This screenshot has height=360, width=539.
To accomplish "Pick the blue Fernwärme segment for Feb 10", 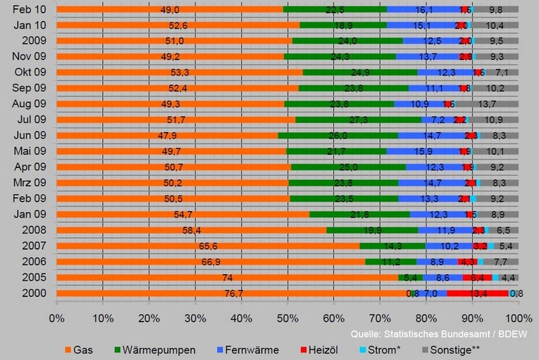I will coord(423,9).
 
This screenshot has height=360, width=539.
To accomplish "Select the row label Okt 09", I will coord(30,72).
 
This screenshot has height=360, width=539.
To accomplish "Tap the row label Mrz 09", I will coord(30,182).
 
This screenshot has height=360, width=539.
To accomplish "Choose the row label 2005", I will coord(34,277).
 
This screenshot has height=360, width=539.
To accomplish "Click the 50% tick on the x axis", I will coord(288,318).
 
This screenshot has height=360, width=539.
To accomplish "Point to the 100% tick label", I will coord(517,318).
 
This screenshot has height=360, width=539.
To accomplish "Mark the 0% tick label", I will coord(57,318).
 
